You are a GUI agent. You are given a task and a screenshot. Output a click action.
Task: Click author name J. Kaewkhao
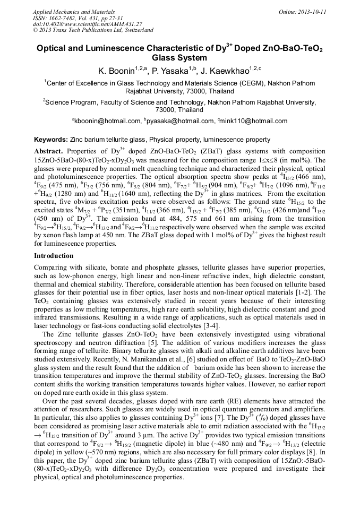226,71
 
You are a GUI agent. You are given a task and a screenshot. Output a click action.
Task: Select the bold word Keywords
50,140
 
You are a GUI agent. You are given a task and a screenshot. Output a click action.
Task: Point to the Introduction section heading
54,256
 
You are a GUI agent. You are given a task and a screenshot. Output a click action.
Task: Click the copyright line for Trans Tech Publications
93,30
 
